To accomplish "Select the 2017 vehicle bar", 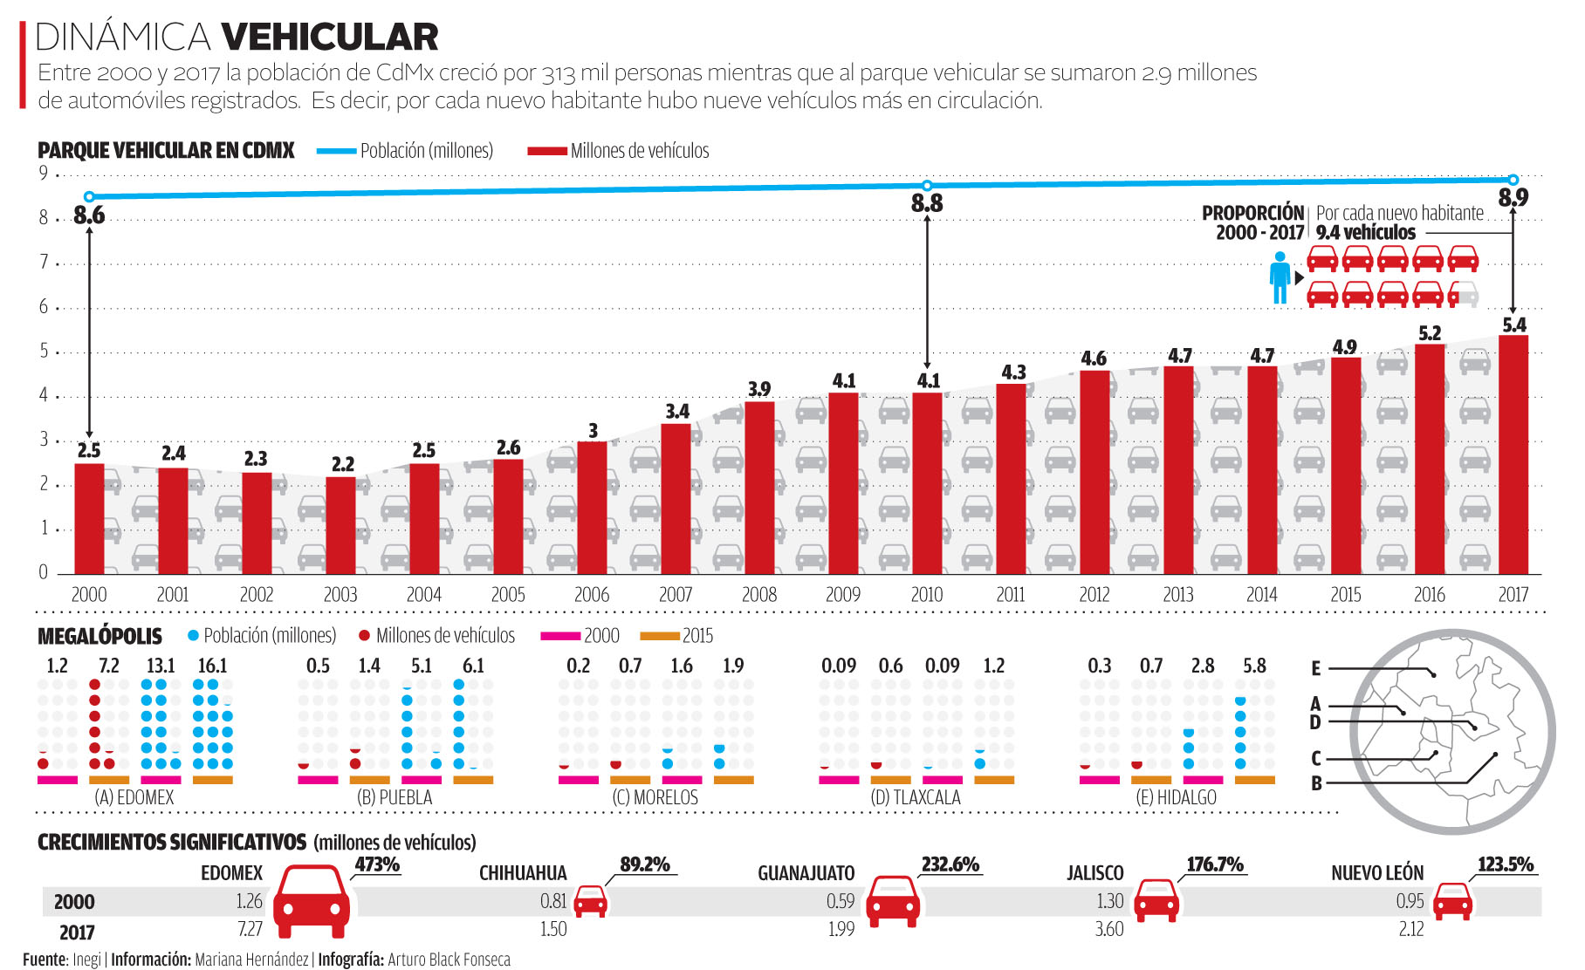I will [x=1513, y=454].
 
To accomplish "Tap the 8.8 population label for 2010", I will [x=927, y=203].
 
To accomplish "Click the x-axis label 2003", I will [x=340, y=595].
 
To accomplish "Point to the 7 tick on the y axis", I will [x=44, y=262].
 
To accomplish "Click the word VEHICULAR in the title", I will [x=330, y=37].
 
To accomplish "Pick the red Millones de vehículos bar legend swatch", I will [x=547, y=151].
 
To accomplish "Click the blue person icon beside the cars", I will [x=1280, y=277].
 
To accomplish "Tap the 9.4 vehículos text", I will [x=1366, y=233].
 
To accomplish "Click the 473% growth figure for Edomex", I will [x=377, y=864].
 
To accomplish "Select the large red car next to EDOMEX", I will [x=312, y=901].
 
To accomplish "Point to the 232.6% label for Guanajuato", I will [x=950, y=864].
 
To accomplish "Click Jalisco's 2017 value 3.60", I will [x=1109, y=929].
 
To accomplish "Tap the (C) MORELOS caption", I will [x=655, y=797].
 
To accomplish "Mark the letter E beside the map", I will [x=1316, y=669].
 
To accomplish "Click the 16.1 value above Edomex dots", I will [x=212, y=666].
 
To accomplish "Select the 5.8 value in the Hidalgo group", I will [x=1254, y=666].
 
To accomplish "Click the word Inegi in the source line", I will [x=86, y=960].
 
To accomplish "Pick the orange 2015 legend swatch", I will [x=660, y=636].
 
